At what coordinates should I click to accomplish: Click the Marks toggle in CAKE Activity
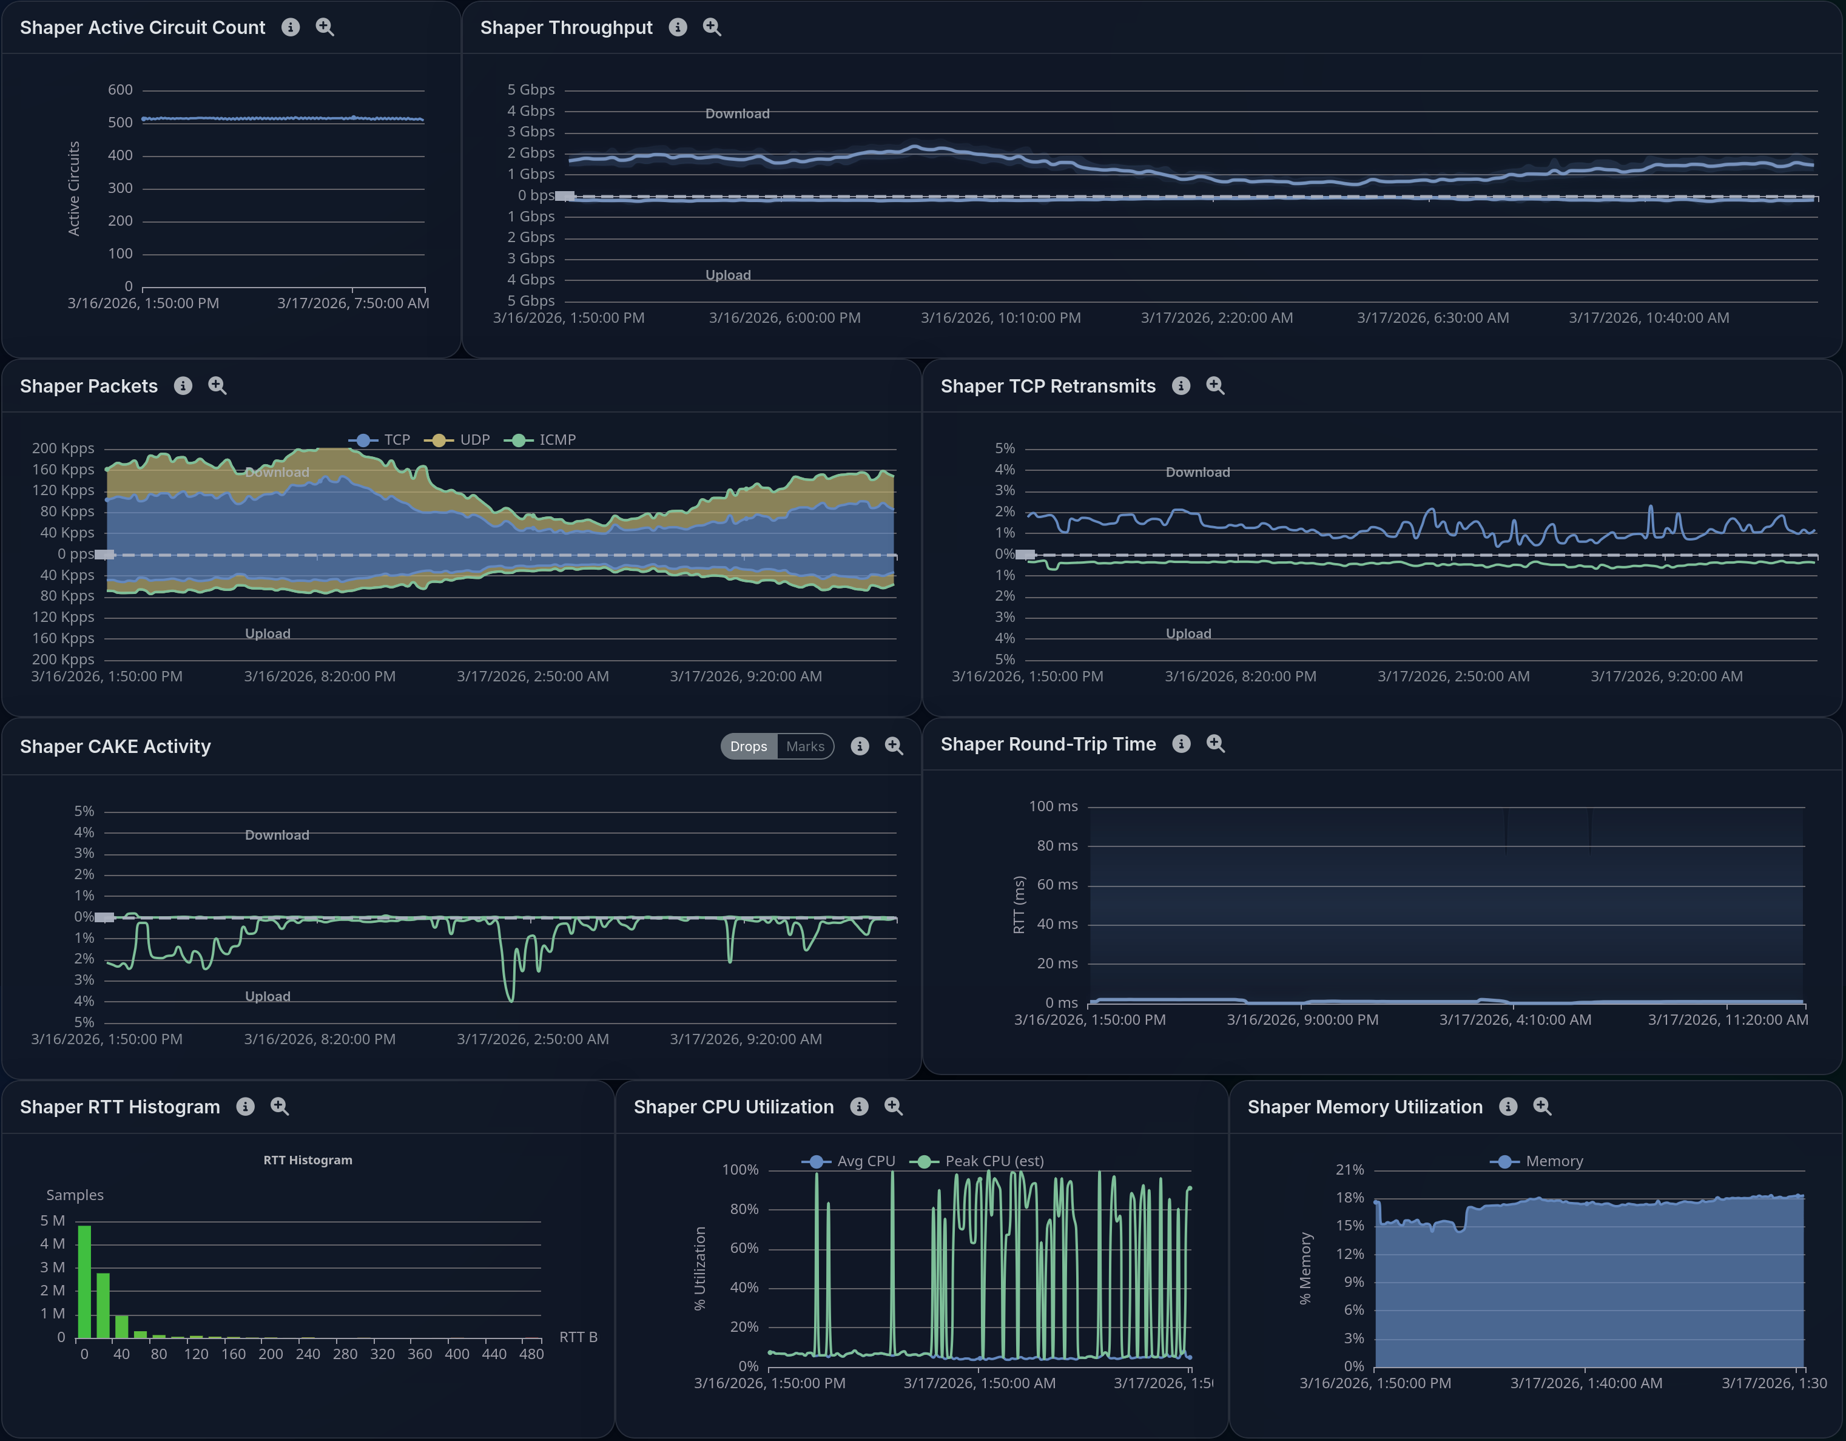coord(804,746)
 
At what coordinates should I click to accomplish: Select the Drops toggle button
coord(748,746)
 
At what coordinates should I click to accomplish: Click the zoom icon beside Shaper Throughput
coord(712,27)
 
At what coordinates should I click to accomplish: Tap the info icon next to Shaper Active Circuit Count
coord(291,27)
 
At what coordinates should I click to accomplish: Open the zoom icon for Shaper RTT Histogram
coord(280,1106)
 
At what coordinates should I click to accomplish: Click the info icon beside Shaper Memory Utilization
coord(1508,1106)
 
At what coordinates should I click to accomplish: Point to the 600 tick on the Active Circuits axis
coord(120,90)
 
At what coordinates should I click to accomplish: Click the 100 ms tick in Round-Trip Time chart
coord(1053,806)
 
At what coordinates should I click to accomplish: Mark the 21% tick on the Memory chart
coord(1350,1170)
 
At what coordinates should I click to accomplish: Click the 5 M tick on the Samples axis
coord(52,1220)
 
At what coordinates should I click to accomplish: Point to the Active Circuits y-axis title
coord(73,189)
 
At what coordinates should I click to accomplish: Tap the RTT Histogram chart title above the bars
coord(308,1161)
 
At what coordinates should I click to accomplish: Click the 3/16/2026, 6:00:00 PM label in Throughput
coord(784,318)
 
